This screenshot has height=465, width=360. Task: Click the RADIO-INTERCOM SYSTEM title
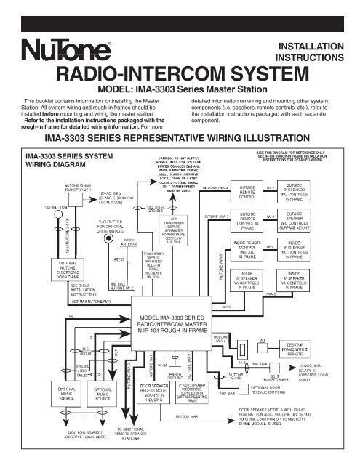(x=179, y=76)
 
